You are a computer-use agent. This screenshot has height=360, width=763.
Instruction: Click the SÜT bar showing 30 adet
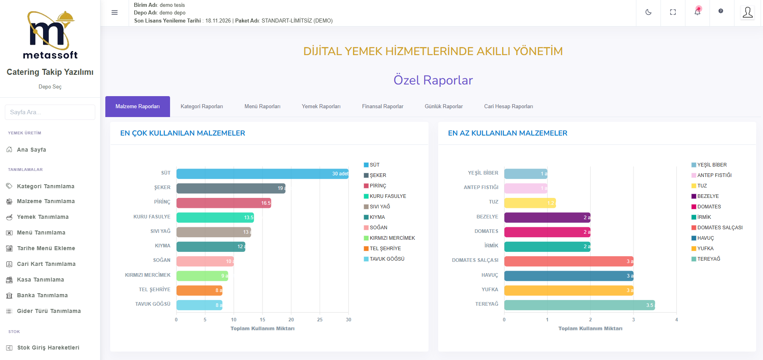pos(262,174)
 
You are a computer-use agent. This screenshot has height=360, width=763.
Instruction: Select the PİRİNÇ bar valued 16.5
pos(224,203)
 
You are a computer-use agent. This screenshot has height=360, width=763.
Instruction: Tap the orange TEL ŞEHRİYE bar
pos(199,290)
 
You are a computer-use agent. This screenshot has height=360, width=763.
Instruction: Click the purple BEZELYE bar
pos(547,217)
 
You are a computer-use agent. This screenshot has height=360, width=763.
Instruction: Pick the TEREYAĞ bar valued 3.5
pos(579,305)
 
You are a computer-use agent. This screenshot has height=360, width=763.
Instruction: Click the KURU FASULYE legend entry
pos(388,196)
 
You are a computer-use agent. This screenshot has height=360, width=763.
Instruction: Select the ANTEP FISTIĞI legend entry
pos(714,175)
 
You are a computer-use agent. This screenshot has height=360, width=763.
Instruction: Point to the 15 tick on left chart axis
pos(263,320)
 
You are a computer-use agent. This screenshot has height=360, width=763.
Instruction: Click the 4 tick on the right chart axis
pos(677,320)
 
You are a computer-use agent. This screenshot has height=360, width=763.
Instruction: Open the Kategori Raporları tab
pos(202,107)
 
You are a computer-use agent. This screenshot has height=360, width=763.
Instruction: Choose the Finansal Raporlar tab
pos(382,107)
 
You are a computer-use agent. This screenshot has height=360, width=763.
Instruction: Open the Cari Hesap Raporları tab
pos(509,107)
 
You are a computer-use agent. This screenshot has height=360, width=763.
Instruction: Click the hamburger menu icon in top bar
pos(115,12)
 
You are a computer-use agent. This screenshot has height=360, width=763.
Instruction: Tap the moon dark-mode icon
pos(648,12)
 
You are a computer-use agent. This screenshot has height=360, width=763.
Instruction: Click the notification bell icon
pos(697,12)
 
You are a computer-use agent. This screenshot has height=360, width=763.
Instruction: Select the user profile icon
pos(748,12)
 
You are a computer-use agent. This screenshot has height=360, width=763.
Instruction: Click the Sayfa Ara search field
pos(50,112)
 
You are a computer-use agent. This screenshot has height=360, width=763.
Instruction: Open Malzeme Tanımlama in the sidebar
pos(45,201)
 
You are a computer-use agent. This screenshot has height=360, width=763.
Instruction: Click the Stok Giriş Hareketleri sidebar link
pos(48,348)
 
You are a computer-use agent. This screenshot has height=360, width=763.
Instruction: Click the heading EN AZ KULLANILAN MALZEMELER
pos(507,133)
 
